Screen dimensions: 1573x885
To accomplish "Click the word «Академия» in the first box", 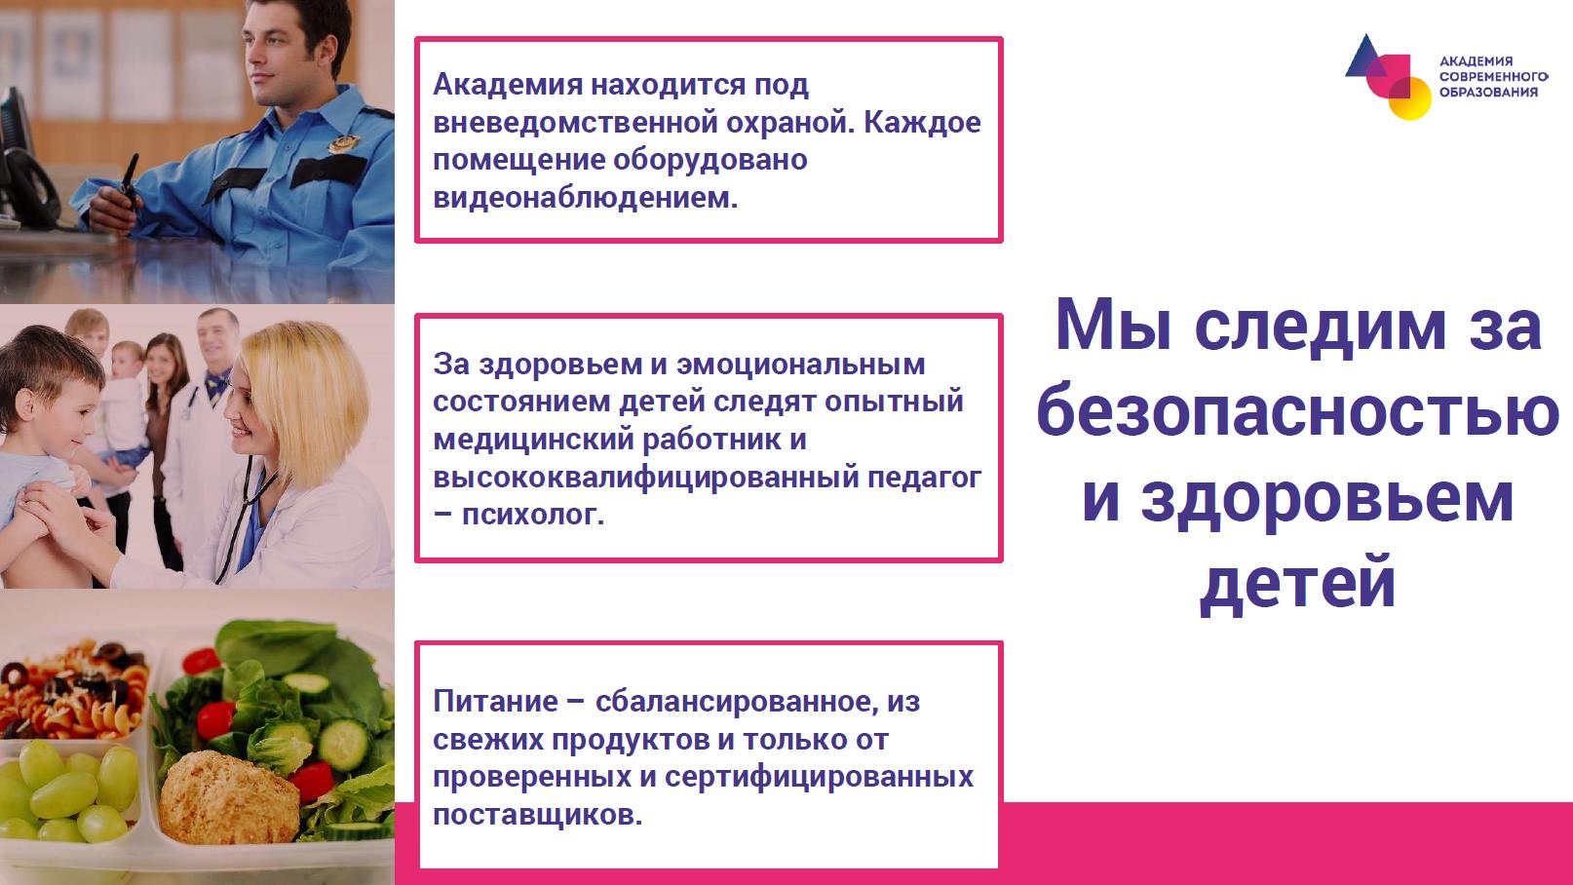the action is (x=507, y=85).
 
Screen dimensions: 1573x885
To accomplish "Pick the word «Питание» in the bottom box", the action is (x=496, y=702).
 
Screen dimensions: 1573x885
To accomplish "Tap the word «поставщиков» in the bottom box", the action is (x=537, y=816).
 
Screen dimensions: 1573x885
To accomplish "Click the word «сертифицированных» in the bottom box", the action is (x=819, y=778).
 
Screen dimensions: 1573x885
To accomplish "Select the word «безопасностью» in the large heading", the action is (x=1298, y=413).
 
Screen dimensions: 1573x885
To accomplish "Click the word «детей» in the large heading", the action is (x=1298, y=583).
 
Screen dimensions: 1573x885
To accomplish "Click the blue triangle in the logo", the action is (x=1365, y=57).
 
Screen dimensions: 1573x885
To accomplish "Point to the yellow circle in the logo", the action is (x=1410, y=99).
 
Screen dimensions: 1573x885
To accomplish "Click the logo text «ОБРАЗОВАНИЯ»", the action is (x=1488, y=93).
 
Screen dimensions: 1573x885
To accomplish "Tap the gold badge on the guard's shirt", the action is (x=343, y=144).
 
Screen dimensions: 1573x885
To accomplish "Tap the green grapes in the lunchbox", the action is (x=70, y=790).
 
